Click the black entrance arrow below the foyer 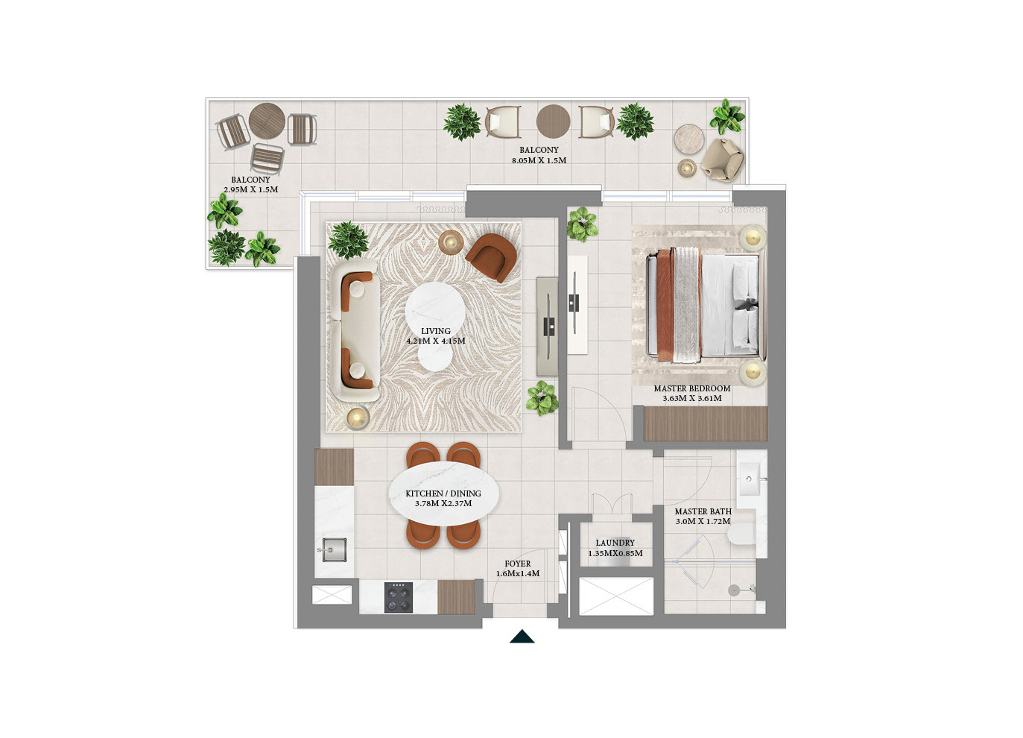point(522,637)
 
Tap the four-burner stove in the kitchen point(398,597)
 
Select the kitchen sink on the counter point(333,549)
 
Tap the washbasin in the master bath point(750,479)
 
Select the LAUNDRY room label point(615,543)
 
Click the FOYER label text point(517,564)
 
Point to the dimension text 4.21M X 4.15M point(436,341)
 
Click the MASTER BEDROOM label point(692,388)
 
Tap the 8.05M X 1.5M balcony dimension point(539,160)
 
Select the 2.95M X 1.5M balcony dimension point(251,189)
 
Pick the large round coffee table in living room point(435,310)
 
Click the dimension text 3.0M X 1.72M point(703,521)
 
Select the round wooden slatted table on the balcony point(267,121)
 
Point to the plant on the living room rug point(348,240)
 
